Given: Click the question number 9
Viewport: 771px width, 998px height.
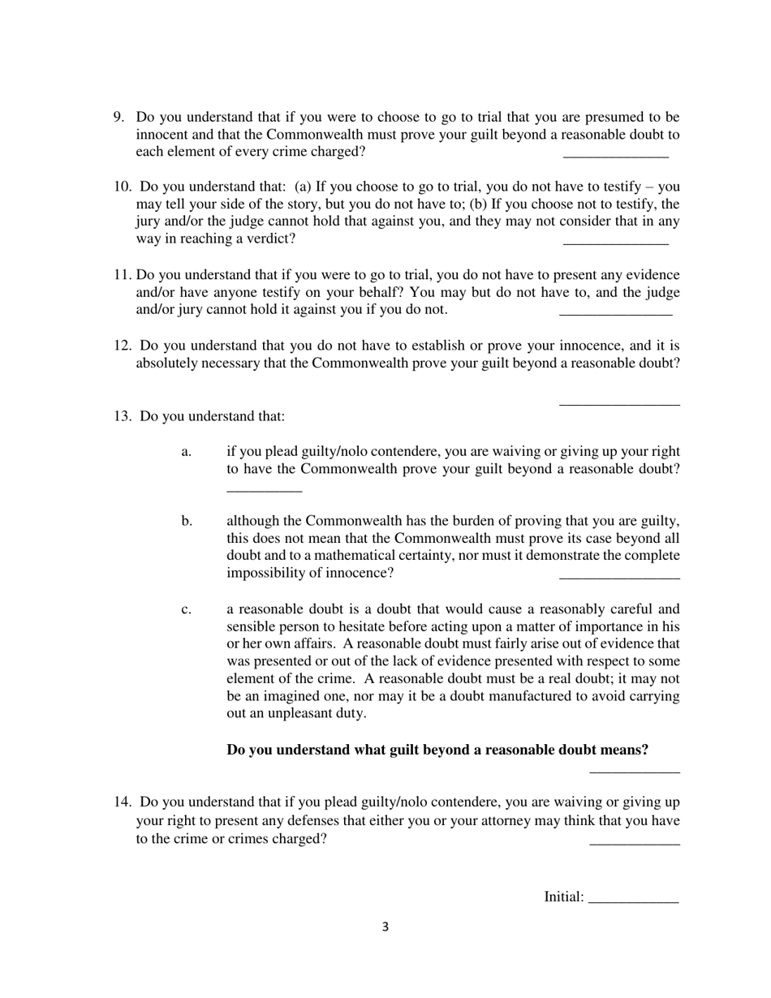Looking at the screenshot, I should click(x=118, y=118).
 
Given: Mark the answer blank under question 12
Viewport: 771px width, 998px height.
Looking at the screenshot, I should click(x=619, y=403).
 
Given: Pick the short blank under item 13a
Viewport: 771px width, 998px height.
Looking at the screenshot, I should click(x=264, y=490).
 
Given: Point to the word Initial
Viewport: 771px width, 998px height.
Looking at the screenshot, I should click(x=562, y=897).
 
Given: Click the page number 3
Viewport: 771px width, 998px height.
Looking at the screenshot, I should click(x=385, y=927).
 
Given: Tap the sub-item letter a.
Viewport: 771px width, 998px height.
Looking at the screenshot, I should click(x=187, y=452).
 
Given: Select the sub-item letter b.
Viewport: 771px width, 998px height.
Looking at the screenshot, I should click(x=187, y=521).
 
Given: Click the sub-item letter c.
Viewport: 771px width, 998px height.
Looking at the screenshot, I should click(x=187, y=609).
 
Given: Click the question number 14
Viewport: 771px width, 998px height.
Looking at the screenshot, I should click(x=122, y=802).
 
